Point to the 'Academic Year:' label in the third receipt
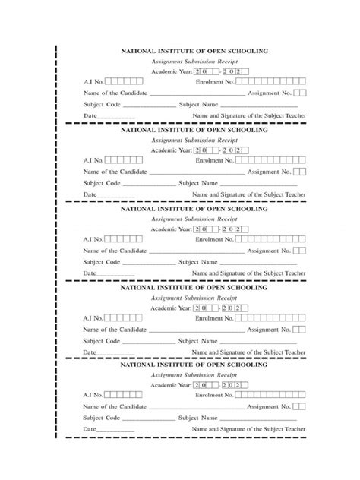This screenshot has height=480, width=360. click(171, 228)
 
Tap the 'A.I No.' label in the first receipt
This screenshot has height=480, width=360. click(93, 81)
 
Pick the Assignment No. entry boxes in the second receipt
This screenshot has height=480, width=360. click(301, 172)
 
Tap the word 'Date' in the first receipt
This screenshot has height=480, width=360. click(90, 115)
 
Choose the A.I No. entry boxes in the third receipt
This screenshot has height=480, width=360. click(123, 239)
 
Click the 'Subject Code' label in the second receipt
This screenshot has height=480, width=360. click(102, 183)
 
